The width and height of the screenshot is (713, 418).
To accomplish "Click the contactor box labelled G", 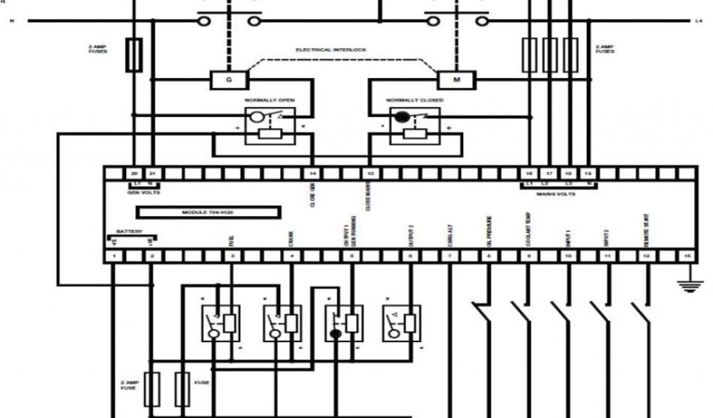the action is tap(229, 79).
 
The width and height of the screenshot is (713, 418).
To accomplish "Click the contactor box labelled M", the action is tap(457, 79).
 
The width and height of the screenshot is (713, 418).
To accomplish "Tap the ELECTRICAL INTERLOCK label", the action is tap(331, 50).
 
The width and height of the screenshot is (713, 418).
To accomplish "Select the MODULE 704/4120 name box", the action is tap(208, 212).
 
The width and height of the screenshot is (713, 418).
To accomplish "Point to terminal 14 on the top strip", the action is tap(313, 173).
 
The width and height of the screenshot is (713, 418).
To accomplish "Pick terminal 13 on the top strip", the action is tap(370, 173).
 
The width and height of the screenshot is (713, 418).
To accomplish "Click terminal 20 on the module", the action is tap(134, 173).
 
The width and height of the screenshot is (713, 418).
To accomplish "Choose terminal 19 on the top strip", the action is tap(589, 173).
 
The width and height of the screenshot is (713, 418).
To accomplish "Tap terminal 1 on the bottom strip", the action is tap(113, 256).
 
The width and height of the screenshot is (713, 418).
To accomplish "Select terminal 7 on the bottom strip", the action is tap(450, 256).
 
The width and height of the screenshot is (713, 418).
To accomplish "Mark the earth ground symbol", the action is tap(689, 284).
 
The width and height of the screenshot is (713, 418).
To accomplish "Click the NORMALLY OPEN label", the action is tap(269, 100).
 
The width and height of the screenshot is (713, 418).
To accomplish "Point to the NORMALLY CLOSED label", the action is tap(415, 100).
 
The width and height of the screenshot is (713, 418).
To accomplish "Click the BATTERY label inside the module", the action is tap(129, 231).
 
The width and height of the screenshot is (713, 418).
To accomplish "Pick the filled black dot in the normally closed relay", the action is tap(402, 116).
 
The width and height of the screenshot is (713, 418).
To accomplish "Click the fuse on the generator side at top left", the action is tap(134, 56).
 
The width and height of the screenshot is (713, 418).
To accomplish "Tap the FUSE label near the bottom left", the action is tap(201, 382).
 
